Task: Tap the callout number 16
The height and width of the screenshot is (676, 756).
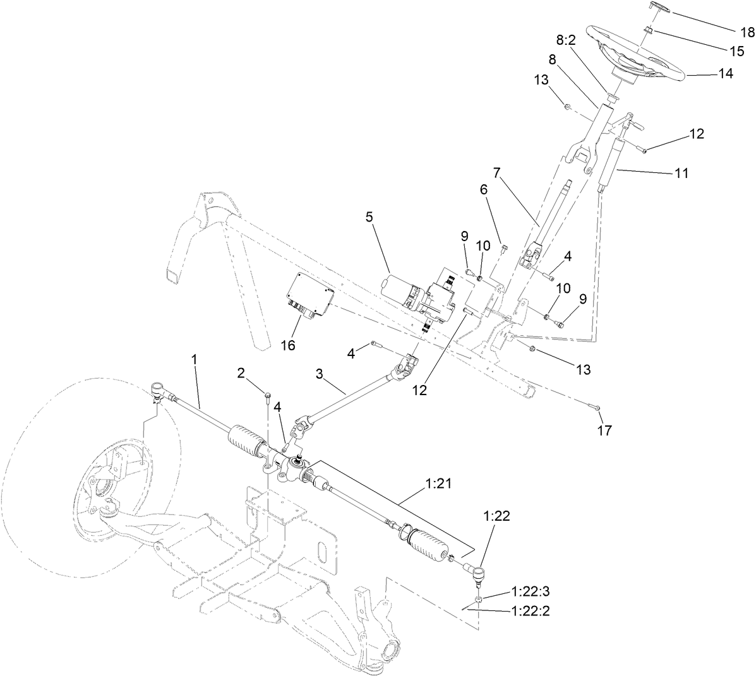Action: (x=288, y=345)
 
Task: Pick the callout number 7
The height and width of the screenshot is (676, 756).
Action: (x=496, y=172)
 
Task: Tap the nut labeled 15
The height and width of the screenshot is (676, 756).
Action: (x=648, y=30)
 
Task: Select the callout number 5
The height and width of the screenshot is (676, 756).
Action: (x=369, y=216)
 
